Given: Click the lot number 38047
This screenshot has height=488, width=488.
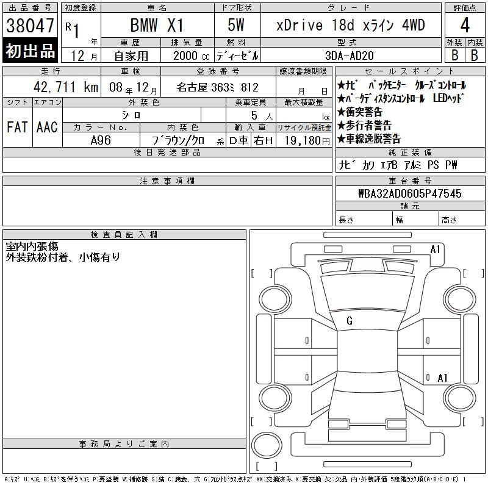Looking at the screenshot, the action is pyautogui.click(x=30, y=26).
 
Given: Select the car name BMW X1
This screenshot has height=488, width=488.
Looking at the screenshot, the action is pyautogui.click(x=157, y=25).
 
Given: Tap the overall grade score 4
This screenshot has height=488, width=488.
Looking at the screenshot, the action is pyautogui.click(x=465, y=25).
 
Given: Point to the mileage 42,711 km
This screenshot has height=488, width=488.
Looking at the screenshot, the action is pyautogui.click(x=66, y=87).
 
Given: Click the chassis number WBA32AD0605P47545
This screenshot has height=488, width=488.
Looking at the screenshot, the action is pyautogui.click(x=410, y=193).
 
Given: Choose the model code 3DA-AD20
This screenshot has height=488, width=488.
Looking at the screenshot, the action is pyautogui.click(x=349, y=56).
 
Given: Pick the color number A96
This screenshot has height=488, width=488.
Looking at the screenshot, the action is pyautogui.click(x=101, y=140).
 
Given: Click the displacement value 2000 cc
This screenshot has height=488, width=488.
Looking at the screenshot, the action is pyautogui.click(x=192, y=56).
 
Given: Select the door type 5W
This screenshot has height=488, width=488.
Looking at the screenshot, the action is pyautogui.click(x=236, y=25).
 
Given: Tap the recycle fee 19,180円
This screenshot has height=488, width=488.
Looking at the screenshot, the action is pyautogui.click(x=307, y=141).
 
